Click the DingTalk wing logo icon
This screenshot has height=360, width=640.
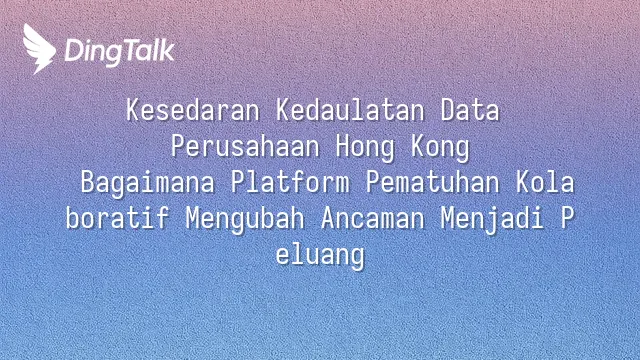point(39,49)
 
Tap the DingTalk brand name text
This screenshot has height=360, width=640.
point(120,52)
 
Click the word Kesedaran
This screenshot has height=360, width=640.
point(193,110)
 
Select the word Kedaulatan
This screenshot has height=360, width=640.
point(350,110)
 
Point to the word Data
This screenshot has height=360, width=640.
point(470,110)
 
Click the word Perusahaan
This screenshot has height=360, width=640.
point(245,146)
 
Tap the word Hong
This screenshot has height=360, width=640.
point(365,147)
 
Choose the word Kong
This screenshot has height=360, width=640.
point(440,147)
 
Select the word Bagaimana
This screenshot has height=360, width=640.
point(148,183)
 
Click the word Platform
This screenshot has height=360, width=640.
point(290,182)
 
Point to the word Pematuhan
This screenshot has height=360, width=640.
point(433,182)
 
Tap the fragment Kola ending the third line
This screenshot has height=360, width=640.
point(545,182)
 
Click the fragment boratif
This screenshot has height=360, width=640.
point(118,218)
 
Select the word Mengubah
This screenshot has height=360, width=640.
point(245,219)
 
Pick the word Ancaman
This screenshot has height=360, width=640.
point(373,218)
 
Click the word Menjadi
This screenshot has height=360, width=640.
point(493,219)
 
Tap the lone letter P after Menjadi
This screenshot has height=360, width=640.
point(567,218)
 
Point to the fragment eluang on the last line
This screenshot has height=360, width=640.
point(320,256)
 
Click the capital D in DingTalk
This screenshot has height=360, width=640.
point(73,50)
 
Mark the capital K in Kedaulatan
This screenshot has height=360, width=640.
point(283,110)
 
